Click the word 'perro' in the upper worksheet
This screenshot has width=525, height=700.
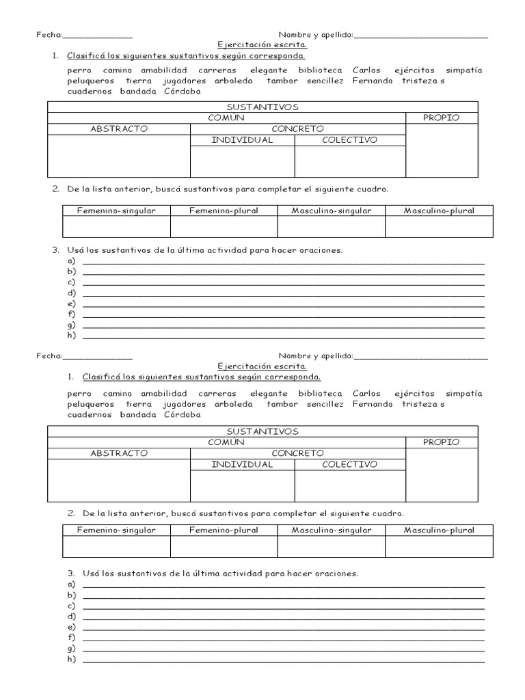coord(80,70)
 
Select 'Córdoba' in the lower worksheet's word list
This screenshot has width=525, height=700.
coord(182,414)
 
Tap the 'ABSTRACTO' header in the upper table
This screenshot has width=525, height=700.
coord(118,129)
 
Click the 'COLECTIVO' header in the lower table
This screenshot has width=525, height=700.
coord(349,464)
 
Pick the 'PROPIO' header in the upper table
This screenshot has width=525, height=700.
coord(441,118)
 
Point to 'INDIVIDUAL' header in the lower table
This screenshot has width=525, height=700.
coord(242,464)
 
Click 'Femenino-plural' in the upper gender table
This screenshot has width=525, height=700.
coord(224,211)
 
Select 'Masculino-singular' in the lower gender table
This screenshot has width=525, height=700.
coord(331,530)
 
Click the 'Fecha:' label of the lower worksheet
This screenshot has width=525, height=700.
coord(49,356)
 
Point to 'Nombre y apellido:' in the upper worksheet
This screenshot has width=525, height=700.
coord(315,34)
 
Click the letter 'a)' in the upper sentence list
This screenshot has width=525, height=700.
coord(70,261)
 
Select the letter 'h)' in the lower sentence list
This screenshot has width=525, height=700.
coord(70,660)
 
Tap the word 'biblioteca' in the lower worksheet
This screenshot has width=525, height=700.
coord(321,394)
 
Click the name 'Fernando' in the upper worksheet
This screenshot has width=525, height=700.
coord(373,80)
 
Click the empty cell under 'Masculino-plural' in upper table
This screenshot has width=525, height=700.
coord(438,226)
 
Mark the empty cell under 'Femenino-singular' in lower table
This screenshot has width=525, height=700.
coord(116,547)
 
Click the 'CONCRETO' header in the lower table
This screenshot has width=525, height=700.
coord(297,453)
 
